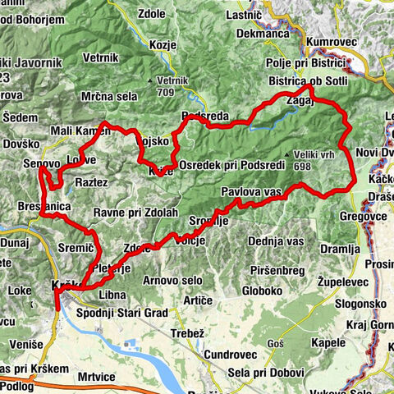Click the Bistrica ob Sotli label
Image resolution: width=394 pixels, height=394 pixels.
coord(309,81)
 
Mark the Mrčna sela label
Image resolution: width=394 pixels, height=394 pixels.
coord(109,96)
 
